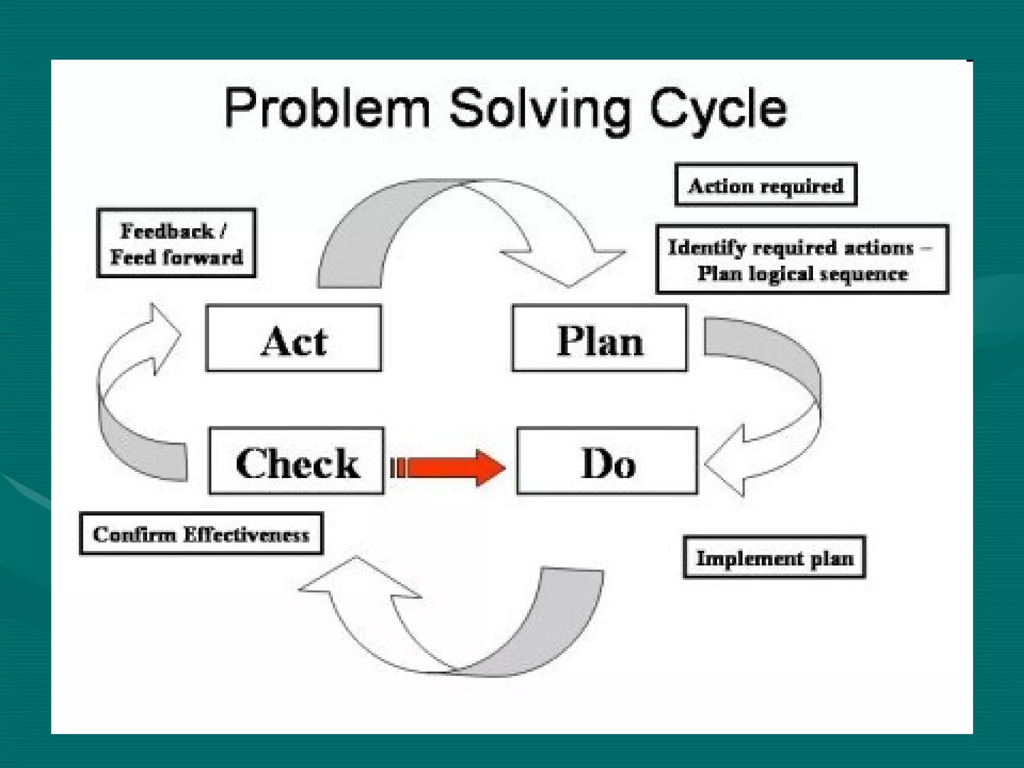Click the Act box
(x=293, y=338)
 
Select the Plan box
(x=599, y=338)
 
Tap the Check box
(x=296, y=461)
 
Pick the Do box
(x=607, y=461)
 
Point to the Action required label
(x=765, y=185)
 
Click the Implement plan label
(x=774, y=557)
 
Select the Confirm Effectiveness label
(x=201, y=534)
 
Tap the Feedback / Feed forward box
(x=176, y=243)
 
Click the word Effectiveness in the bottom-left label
(x=246, y=534)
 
